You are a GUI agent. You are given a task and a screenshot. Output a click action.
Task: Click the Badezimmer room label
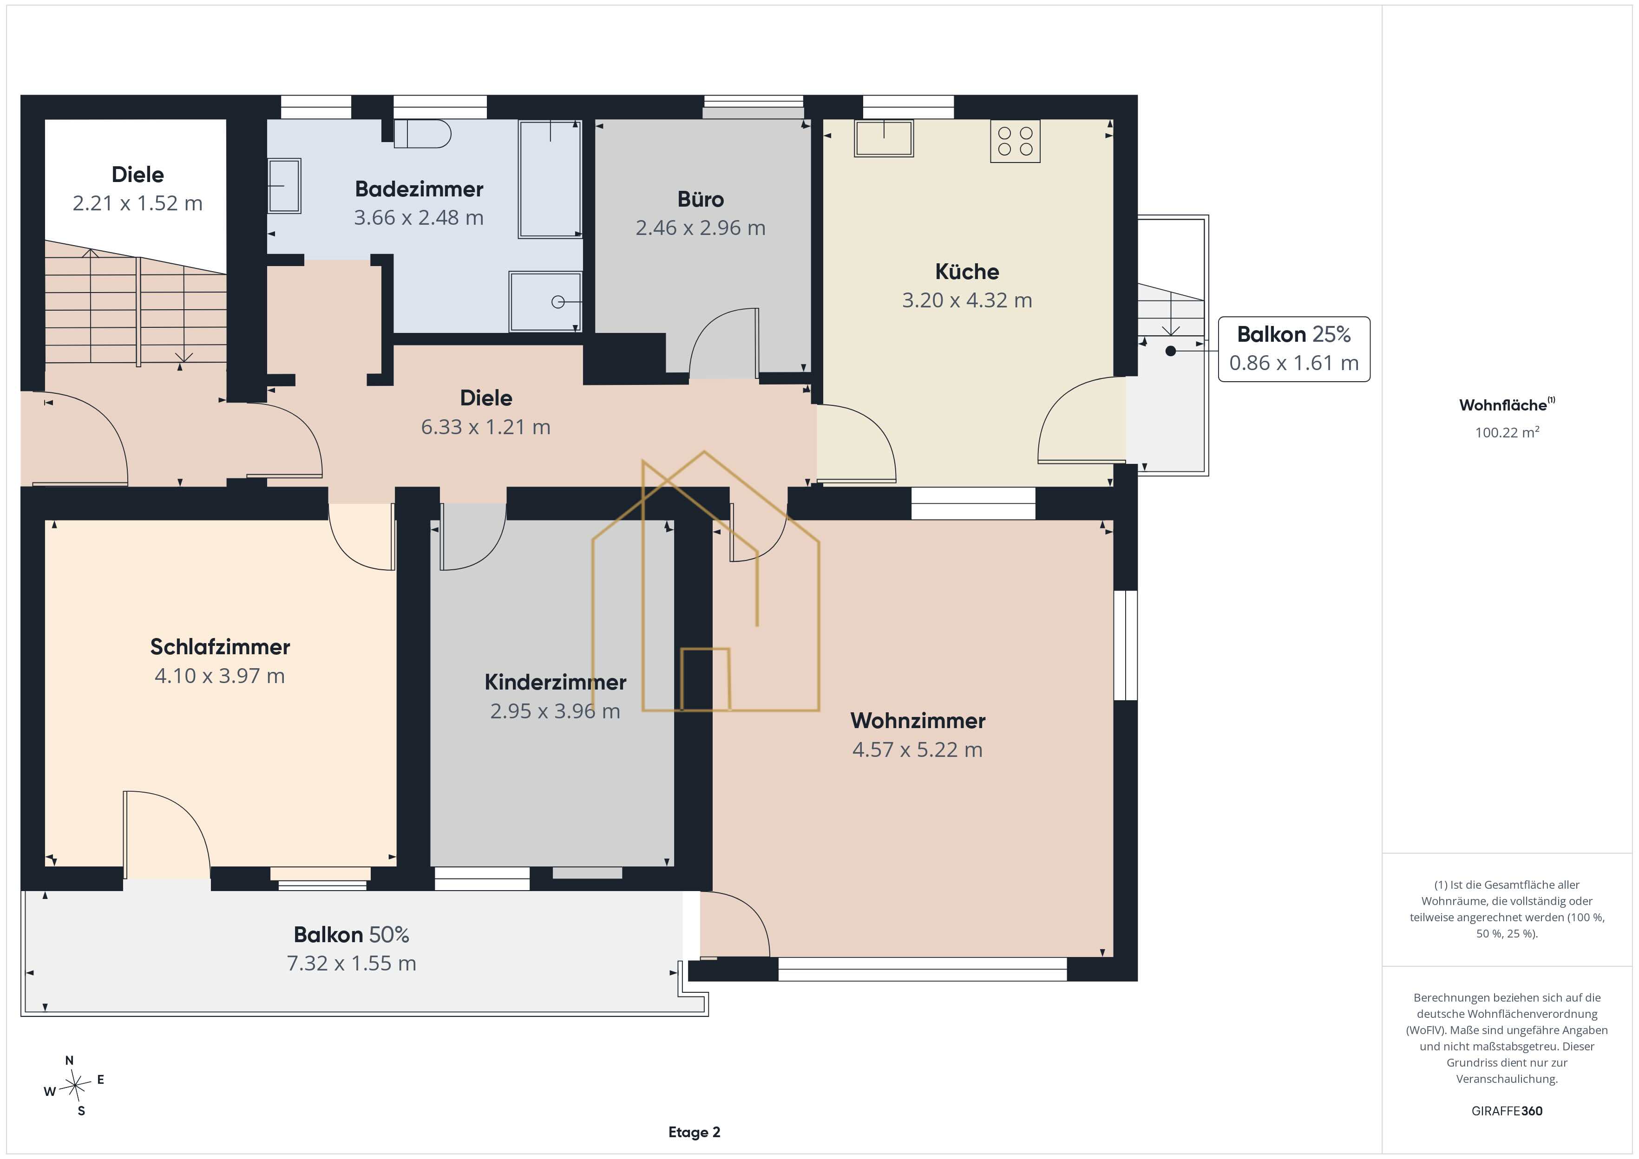point(419,189)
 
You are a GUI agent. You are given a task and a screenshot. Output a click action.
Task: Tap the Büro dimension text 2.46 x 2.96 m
point(700,228)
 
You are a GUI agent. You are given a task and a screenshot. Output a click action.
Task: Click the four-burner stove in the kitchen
point(1015,141)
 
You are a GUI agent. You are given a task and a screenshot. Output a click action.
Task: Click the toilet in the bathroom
point(422,133)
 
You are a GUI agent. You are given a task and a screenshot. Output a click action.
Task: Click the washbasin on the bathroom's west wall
point(284,186)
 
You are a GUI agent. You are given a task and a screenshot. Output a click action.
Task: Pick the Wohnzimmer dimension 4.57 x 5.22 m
point(918,749)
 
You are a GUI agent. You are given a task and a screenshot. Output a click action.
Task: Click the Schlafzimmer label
point(220,646)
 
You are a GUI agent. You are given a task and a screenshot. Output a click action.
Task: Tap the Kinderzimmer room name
point(555,682)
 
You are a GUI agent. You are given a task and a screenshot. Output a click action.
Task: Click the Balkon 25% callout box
point(1293,349)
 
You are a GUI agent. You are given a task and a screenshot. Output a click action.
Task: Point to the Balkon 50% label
point(351,935)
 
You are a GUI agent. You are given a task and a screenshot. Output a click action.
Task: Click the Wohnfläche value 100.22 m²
point(1507,432)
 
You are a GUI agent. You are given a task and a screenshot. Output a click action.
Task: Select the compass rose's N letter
point(69,1061)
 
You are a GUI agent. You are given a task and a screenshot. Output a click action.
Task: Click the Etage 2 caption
point(694,1132)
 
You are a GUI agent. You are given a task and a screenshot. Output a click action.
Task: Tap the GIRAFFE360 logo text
point(1507,1111)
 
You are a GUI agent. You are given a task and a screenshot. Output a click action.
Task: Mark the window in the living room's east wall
point(1126,645)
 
